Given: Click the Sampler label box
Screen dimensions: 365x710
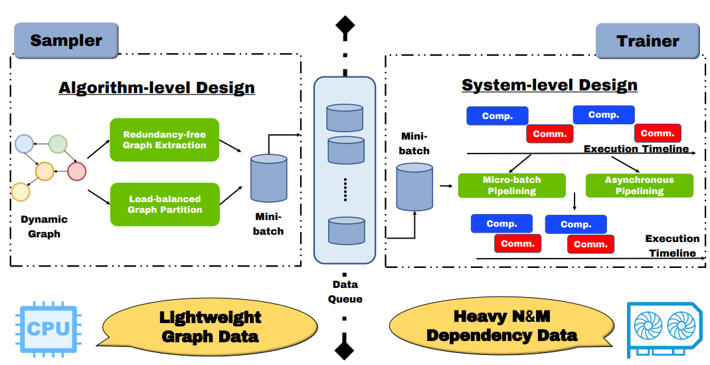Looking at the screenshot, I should (66, 41).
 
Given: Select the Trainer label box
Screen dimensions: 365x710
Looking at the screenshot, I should (647, 41).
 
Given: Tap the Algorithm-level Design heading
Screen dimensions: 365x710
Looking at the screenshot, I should (157, 88).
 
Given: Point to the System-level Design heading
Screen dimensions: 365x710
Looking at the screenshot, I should (549, 85).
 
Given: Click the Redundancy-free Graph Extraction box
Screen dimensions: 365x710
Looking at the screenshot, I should (164, 140).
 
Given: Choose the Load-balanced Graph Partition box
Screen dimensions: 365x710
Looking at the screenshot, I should (164, 204).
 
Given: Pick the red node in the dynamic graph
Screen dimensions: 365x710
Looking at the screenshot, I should (77, 171).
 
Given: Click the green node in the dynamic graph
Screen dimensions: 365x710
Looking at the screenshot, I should (58, 144).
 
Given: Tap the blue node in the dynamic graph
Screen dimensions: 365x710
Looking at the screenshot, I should (25, 144).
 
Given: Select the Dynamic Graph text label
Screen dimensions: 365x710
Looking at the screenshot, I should (44, 226).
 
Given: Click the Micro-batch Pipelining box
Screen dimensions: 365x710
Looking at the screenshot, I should (511, 185).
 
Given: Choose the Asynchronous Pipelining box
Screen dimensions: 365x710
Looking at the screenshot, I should (639, 185).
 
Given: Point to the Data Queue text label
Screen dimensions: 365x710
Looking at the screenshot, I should (345, 292).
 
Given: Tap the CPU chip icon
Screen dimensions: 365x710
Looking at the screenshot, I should (47, 329).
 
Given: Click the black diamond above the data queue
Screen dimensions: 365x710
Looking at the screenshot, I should (345, 26).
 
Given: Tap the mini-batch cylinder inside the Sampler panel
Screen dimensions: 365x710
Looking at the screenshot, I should (269, 178).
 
